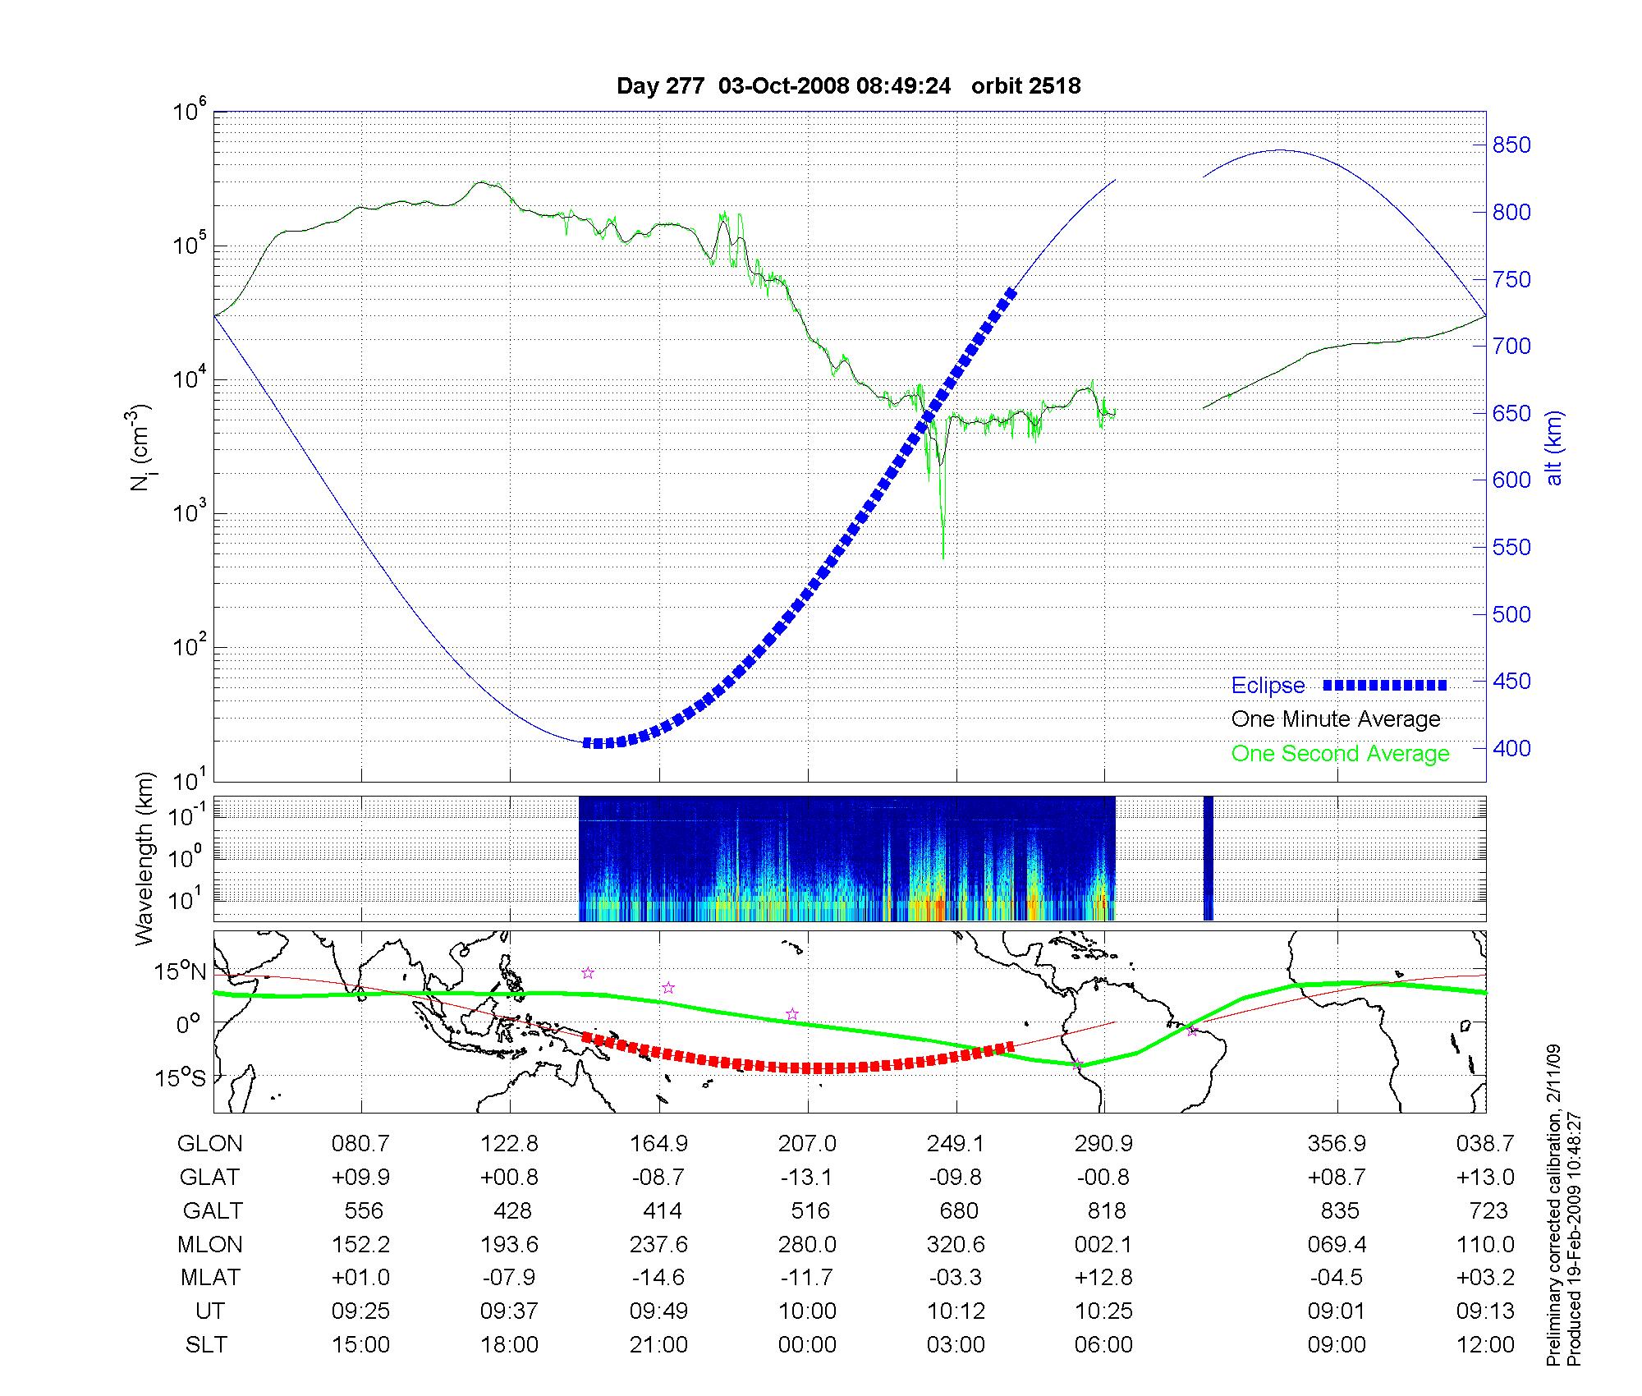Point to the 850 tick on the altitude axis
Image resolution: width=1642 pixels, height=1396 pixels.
point(1511,145)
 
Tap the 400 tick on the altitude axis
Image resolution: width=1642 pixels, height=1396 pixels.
point(1511,748)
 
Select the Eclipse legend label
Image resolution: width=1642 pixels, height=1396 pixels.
point(1268,686)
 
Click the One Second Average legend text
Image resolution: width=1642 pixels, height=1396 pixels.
point(1340,754)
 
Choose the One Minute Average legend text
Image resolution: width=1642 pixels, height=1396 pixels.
point(1336,719)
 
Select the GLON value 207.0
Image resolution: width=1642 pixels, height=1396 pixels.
point(807,1143)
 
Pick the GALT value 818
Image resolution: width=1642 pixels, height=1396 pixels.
point(1105,1210)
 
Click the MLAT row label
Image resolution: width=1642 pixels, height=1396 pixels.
point(210,1278)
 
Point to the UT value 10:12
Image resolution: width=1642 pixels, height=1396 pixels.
point(956,1311)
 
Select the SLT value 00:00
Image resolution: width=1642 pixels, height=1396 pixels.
point(807,1345)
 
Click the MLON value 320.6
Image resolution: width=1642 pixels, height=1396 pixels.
point(956,1244)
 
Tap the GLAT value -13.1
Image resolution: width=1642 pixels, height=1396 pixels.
point(807,1177)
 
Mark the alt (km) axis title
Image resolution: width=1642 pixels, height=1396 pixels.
point(1554,448)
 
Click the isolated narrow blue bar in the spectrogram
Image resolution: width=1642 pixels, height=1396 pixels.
point(1208,858)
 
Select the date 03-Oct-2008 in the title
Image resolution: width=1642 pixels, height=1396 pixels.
point(783,85)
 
